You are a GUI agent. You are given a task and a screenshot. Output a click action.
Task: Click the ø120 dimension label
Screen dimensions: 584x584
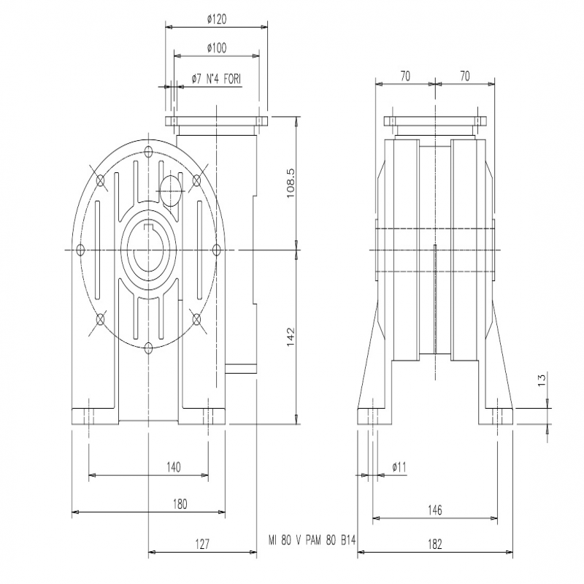[x=216, y=20]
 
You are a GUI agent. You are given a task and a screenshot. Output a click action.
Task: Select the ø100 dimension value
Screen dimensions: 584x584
[x=216, y=48]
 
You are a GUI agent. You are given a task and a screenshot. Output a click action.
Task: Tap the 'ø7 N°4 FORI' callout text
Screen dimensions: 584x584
[x=216, y=79]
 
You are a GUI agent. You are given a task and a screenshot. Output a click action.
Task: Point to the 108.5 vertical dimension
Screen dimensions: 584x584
[x=291, y=183]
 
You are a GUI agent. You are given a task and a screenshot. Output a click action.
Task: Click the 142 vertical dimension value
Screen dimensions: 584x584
[x=291, y=337]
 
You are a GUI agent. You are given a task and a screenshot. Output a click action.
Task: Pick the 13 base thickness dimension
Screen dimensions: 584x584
[x=542, y=379]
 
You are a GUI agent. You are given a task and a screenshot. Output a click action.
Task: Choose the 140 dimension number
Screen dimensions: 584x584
[x=174, y=467]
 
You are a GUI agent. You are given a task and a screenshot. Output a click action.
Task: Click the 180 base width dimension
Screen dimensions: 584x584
[x=180, y=504]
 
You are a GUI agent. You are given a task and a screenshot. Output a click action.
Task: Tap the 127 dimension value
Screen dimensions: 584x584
[x=202, y=544]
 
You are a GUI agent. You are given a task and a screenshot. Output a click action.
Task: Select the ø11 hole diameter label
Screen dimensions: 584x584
[x=399, y=467]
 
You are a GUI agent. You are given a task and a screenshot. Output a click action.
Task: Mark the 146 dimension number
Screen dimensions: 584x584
[x=434, y=510]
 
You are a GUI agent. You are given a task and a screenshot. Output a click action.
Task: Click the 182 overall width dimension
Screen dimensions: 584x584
[x=434, y=544]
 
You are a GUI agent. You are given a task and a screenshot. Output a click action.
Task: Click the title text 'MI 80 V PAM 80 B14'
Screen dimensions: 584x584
[x=312, y=540]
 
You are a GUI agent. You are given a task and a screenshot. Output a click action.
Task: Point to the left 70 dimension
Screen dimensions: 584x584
[x=405, y=76]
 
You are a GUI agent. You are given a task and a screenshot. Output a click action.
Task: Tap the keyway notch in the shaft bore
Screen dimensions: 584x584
[x=149, y=228]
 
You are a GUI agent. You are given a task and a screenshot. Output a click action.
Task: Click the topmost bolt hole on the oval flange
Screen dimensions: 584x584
[x=149, y=152]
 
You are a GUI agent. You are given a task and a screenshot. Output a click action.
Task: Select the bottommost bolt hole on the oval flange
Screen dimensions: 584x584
[x=149, y=348]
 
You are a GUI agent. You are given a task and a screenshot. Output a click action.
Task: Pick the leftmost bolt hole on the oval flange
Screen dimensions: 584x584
[x=80, y=250]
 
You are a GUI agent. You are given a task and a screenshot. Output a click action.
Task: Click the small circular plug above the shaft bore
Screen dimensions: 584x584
[x=171, y=191]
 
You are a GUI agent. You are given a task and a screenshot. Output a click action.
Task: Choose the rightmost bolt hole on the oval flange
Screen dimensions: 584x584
[x=217, y=250]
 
